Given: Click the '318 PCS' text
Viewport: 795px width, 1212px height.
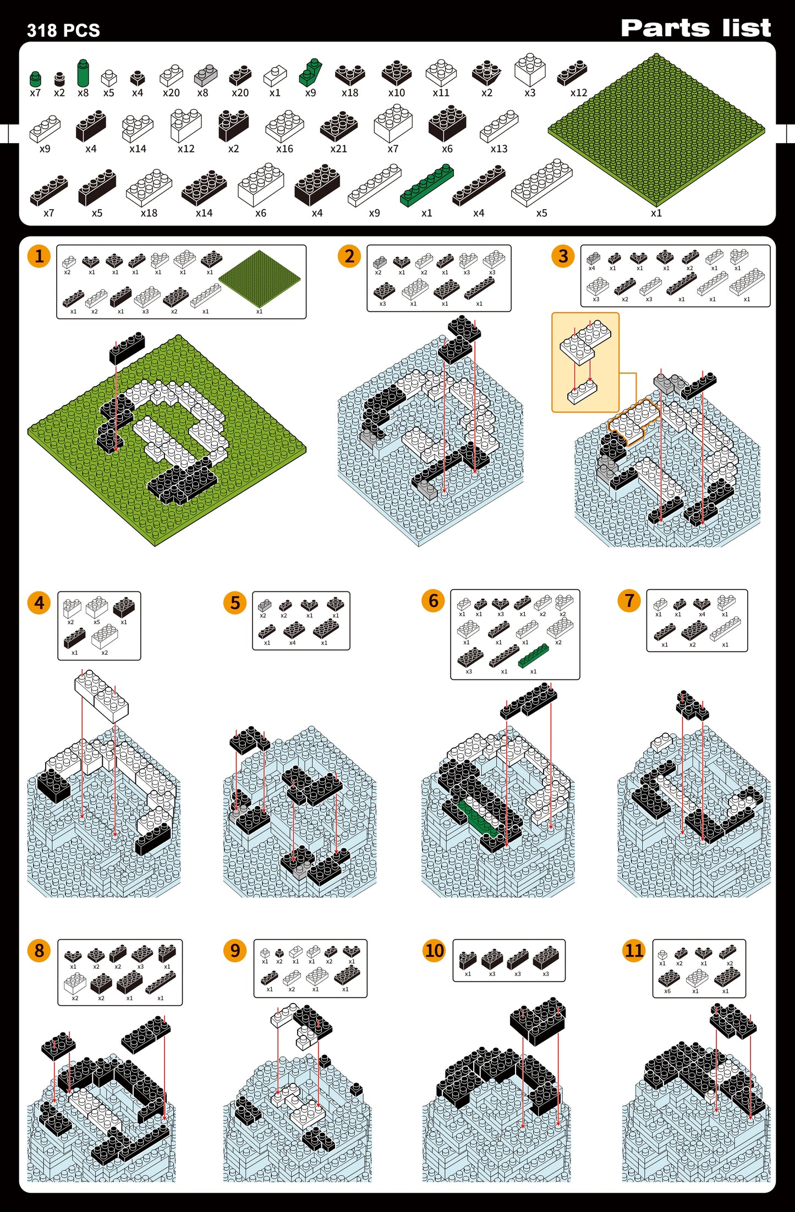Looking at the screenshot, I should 63,30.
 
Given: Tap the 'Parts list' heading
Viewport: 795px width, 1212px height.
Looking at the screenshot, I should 695,28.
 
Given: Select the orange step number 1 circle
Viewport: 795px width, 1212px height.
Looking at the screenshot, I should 39,256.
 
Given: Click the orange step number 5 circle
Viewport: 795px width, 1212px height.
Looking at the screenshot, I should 235,603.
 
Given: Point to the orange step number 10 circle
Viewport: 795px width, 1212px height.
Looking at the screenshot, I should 434,950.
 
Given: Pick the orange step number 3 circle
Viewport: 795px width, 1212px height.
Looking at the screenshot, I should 563,256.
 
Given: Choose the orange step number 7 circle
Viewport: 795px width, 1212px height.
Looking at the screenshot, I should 629,601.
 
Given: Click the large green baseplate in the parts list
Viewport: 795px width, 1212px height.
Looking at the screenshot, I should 656,130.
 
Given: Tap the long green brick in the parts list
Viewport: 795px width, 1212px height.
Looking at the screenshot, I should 427,185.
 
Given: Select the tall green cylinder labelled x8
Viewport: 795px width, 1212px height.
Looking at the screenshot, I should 83,73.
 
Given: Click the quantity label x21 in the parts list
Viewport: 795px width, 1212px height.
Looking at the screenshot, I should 338,149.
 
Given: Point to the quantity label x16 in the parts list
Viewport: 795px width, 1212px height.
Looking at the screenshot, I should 284,149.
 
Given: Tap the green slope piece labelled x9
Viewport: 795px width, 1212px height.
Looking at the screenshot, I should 310,73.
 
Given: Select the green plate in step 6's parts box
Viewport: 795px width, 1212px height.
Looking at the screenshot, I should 533,655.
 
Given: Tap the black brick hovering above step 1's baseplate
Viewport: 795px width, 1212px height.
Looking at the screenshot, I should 127,348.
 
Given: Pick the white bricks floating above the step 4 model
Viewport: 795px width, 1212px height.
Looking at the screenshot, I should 102,695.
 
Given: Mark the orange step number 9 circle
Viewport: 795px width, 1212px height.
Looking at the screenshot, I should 235,950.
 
